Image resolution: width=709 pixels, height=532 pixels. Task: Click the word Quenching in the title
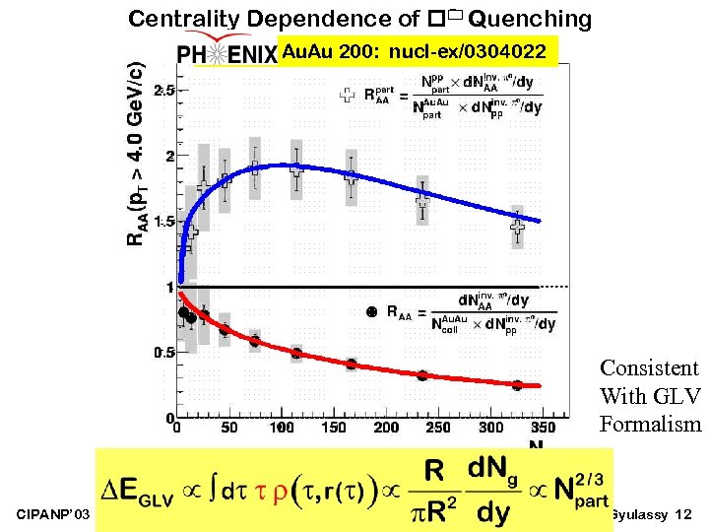(531, 19)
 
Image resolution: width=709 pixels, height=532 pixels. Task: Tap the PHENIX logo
(226, 53)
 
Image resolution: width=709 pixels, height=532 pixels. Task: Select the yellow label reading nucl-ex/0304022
(418, 51)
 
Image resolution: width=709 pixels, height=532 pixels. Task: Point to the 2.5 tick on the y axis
(163, 90)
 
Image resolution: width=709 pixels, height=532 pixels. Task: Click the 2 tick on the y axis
(169, 156)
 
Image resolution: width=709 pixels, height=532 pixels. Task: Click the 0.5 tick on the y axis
(163, 353)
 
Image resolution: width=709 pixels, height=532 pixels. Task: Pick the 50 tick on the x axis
(228, 428)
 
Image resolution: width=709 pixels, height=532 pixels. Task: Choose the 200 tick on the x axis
(387, 428)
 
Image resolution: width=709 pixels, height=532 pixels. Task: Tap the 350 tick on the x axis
(543, 428)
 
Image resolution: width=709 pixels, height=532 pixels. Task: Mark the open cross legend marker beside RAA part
(347, 95)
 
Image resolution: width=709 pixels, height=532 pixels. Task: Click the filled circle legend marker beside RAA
(371, 312)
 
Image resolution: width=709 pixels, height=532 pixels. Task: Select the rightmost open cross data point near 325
(518, 227)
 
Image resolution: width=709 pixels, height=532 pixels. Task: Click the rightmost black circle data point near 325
(517, 385)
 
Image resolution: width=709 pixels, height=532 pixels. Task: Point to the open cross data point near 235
(422, 200)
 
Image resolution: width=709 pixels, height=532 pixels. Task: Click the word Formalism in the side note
(650, 425)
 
